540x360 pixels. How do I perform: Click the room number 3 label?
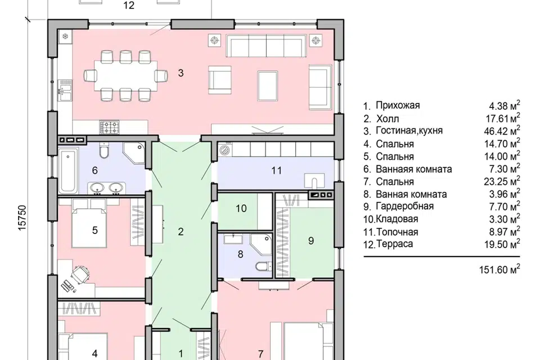(x=181, y=73)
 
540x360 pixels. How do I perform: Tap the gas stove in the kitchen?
(x=110, y=127)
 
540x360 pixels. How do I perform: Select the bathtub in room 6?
(x=68, y=170)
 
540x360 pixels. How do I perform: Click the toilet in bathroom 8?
(x=264, y=266)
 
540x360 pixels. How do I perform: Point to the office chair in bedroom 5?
(x=80, y=274)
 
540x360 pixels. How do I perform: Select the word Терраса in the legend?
(x=395, y=244)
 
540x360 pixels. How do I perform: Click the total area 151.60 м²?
(x=499, y=269)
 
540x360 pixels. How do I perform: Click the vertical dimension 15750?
(x=22, y=218)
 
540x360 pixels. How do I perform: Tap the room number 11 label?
(x=277, y=170)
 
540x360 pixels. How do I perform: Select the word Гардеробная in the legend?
(x=404, y=206)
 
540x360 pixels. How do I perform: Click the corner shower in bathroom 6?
(x=134, y=154)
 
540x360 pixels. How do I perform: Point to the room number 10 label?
(x=241, y=209)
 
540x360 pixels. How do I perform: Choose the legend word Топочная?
(x=398, y=232)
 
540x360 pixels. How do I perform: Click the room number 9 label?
(x=311, y=240)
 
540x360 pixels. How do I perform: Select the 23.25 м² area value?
(x=502, y=182)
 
